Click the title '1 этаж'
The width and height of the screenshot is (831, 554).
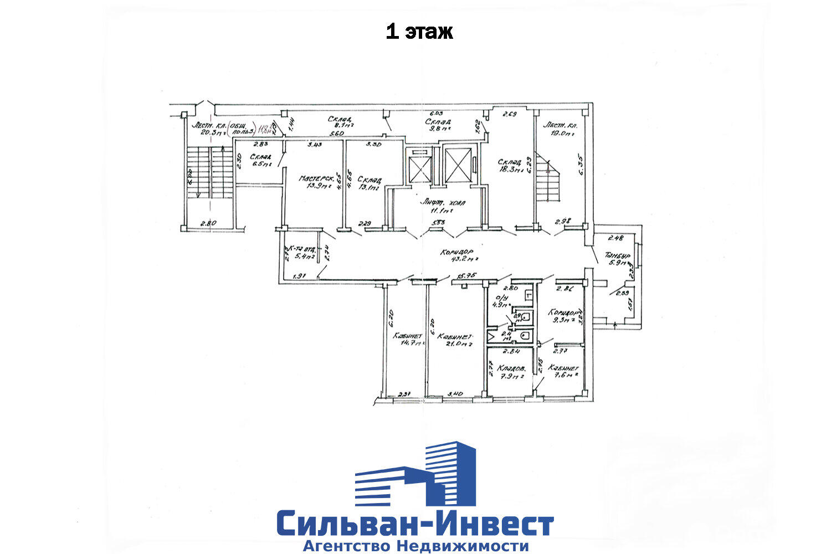pos(419,32)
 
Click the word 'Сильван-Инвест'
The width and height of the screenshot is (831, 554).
pos(415,523)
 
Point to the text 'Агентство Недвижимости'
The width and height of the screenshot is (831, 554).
pos(415,546)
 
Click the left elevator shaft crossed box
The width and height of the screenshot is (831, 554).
pos(419,165)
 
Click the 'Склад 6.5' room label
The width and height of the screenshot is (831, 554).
pos(261,160)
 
